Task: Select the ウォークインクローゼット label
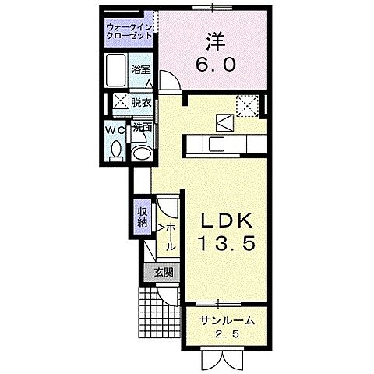[x=130, y=30]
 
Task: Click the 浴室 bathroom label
[x=141, y=69]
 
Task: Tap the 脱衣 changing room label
[x=141, y=101]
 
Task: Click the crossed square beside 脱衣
[x=121, y=101]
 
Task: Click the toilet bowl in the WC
[x=116, y=149]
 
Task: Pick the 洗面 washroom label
[x=142, y=127]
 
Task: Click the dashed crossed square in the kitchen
[x=247, y=104]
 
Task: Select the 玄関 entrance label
[x=163, y=272]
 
